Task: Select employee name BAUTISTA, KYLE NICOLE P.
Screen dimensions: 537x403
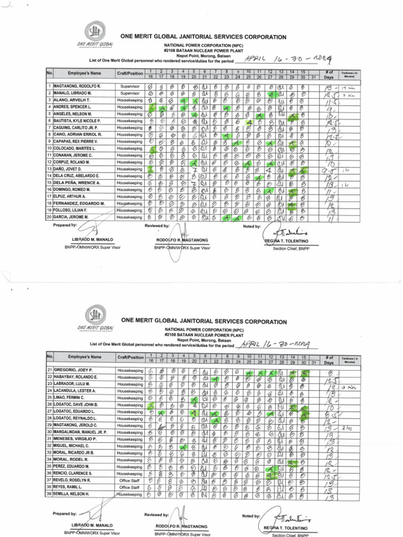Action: (79, 121)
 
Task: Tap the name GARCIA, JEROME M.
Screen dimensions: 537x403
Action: (73, 216)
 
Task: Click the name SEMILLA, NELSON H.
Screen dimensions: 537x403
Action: (73, 494)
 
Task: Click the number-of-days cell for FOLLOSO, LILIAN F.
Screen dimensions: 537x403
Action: (329, 209)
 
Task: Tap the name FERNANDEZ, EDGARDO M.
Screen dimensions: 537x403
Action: (79, 202)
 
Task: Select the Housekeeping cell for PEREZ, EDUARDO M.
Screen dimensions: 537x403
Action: (130, 466)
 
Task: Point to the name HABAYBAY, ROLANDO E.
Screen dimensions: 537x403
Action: (76, 377)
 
